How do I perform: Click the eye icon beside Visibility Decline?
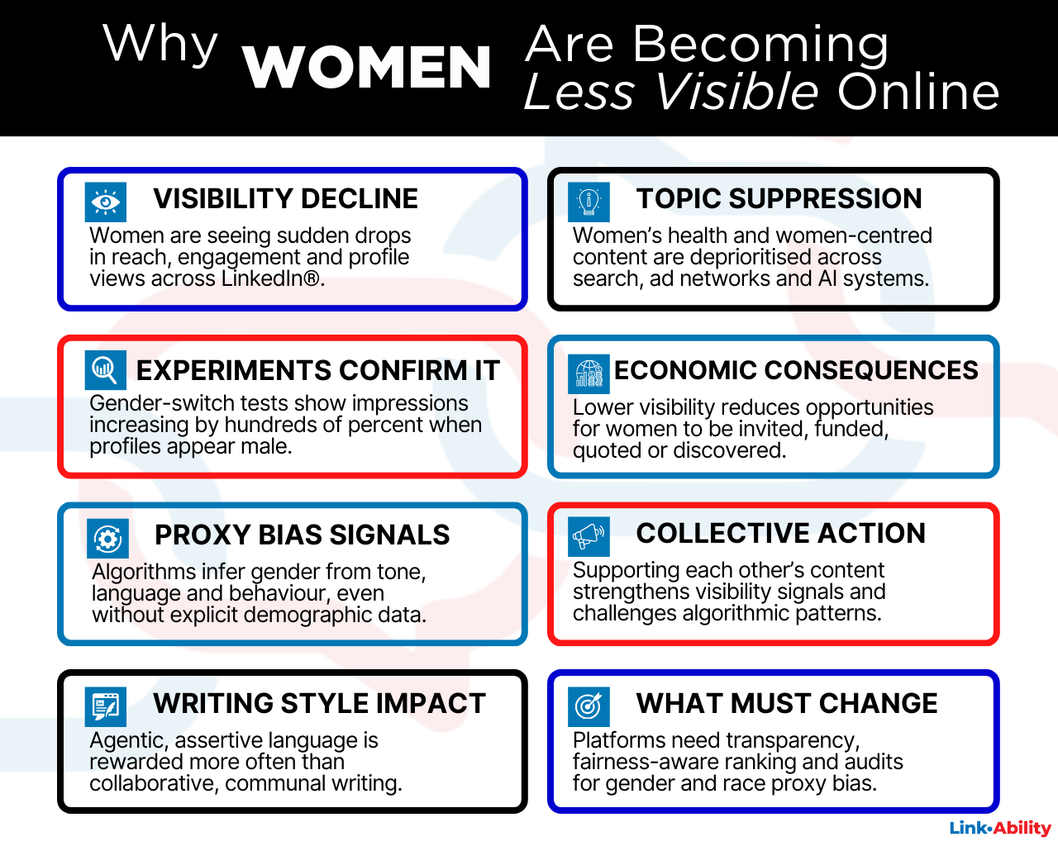[106, 202]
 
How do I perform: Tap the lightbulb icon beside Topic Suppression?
[589, 202]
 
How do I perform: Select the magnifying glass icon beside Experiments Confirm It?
[106, 369]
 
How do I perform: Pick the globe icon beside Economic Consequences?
[589, 373]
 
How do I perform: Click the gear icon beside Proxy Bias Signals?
[107, 539]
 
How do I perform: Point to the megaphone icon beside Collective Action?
[589, 536]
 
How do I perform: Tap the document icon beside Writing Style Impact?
[106, 706]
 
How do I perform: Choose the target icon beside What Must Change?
[589, 706]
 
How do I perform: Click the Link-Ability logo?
[1000, 828]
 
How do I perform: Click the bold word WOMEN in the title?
[367, 68]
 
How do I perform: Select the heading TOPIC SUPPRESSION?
[779, 199]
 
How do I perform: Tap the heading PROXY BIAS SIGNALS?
[302, 535]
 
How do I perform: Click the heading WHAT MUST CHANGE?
[787, 704]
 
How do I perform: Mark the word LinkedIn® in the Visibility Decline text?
[272, 279]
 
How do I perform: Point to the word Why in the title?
[160, 45]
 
